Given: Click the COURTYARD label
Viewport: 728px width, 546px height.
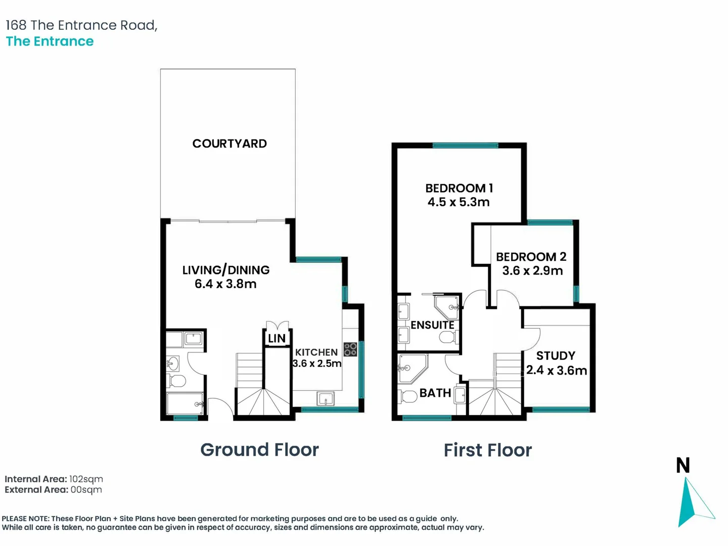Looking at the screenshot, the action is pyautogui.click(x=230, y=144).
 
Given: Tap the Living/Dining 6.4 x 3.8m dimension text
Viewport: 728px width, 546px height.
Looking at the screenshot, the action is pyautogui.click(x=225, y=284).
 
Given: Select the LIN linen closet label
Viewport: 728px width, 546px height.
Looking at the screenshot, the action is pyautogui.click(x=277, y=339).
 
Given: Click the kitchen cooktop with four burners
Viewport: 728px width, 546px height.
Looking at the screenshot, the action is pyautogui.click(x=350, y=349).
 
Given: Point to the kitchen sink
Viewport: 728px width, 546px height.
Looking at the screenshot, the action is pyautogui.click(x=326, y=399).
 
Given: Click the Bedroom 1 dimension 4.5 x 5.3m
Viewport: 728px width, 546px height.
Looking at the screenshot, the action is pyautogui.click(x=459, y=202).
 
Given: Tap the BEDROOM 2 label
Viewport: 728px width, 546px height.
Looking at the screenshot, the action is pyautogui.click(x=531, y=257).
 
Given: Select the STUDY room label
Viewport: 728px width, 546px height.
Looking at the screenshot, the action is pyautogui.click(x=556, y=356).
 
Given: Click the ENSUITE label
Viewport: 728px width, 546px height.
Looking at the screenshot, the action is pyautogui.click(x=432, y=325).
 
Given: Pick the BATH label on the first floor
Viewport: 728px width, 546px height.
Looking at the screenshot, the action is pyautogui.click(x=435, y=393).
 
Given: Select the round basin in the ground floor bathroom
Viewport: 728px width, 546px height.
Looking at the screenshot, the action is pyautogui.click(x=172, y=364).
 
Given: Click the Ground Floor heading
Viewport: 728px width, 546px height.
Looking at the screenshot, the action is pyautogui.click(x=259, y=450).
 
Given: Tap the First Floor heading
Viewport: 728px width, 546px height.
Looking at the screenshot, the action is pyautogui.click(x=487, y=450).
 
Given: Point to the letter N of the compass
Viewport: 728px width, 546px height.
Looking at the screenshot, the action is pyautogui.click(x=682, y=465).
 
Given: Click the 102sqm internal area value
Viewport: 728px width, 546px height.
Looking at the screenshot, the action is pyautogui.click(x=86, y=479).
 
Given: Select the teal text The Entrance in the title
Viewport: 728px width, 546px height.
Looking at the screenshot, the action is pyautogui.click(x=50, y=41).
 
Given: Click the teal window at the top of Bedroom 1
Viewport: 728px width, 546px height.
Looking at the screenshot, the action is pyautogui.click(x=465, y=145).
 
